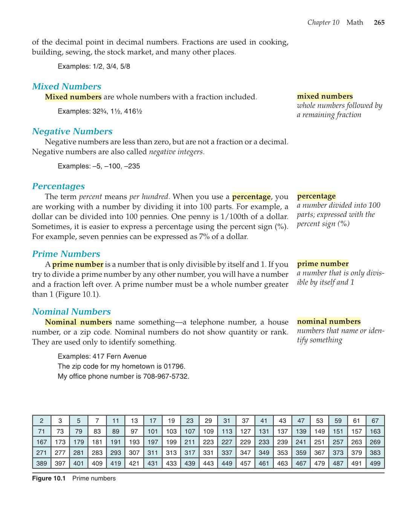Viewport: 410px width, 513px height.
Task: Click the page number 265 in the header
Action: click(x=379, y=23)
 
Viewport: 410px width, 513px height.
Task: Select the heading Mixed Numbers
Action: click(x=67, y=86)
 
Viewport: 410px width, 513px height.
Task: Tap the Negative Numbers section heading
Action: click(x=72, y=131)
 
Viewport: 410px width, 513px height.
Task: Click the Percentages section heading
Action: click(x=58, y=186)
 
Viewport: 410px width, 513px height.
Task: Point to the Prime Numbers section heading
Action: click(x=66, y=254)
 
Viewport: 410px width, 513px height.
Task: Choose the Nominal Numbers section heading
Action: click(x=71, y=312)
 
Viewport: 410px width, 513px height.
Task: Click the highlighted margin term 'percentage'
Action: click(x=316, y=196)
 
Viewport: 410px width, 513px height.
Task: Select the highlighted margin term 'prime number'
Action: click(x=323, y=263)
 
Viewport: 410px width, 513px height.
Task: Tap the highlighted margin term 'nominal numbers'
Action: click(x=329, y=322)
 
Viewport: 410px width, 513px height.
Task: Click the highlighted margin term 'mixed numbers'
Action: click(x=325, y=96)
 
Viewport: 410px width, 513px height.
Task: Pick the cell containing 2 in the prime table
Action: click(x=41, y=421)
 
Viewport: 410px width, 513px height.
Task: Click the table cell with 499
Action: click(x=375, y=463)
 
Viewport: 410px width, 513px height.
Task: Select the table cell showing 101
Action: click(x=153, y=431)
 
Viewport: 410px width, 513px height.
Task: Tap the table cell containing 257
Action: click(x=338, y=442)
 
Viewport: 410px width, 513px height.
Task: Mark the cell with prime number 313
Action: click(x=171, y=453)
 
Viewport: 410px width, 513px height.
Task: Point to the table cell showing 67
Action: click(x=375, y=421)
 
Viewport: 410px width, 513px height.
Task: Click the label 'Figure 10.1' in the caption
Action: click(x=49, y=478)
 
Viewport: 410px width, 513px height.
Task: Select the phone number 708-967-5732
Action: click(x=165, y=376)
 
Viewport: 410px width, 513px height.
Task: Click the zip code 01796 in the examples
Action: click(x=174, y=366)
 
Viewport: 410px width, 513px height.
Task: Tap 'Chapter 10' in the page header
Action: click(x=323, y=23)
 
